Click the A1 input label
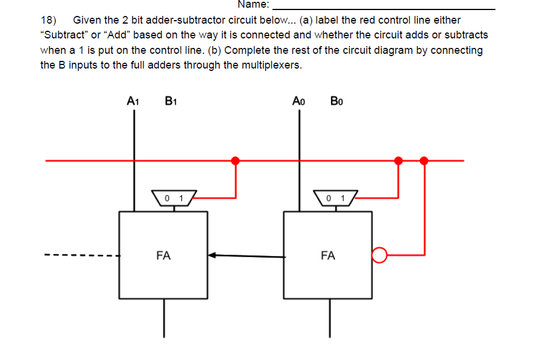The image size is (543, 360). click(133, 101)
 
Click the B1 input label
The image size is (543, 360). click(172, 101)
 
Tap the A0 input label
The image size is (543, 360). click(298, 101)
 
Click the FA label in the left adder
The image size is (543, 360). click(164, 256)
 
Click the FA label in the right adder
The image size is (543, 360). click(328, 256)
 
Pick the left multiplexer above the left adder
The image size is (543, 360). click(173, 197)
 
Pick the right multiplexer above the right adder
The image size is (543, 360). click(336, 197)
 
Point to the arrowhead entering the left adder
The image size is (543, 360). click(213, 256)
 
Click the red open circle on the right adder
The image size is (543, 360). click(378, 255)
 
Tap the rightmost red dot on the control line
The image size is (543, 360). click(424, 160)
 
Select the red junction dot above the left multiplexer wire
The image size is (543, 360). click(235, 160)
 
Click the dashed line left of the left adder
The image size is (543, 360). click(82, 256)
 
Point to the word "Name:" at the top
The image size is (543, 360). click(253, 5)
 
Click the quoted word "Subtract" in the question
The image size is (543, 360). click(62, 35)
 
